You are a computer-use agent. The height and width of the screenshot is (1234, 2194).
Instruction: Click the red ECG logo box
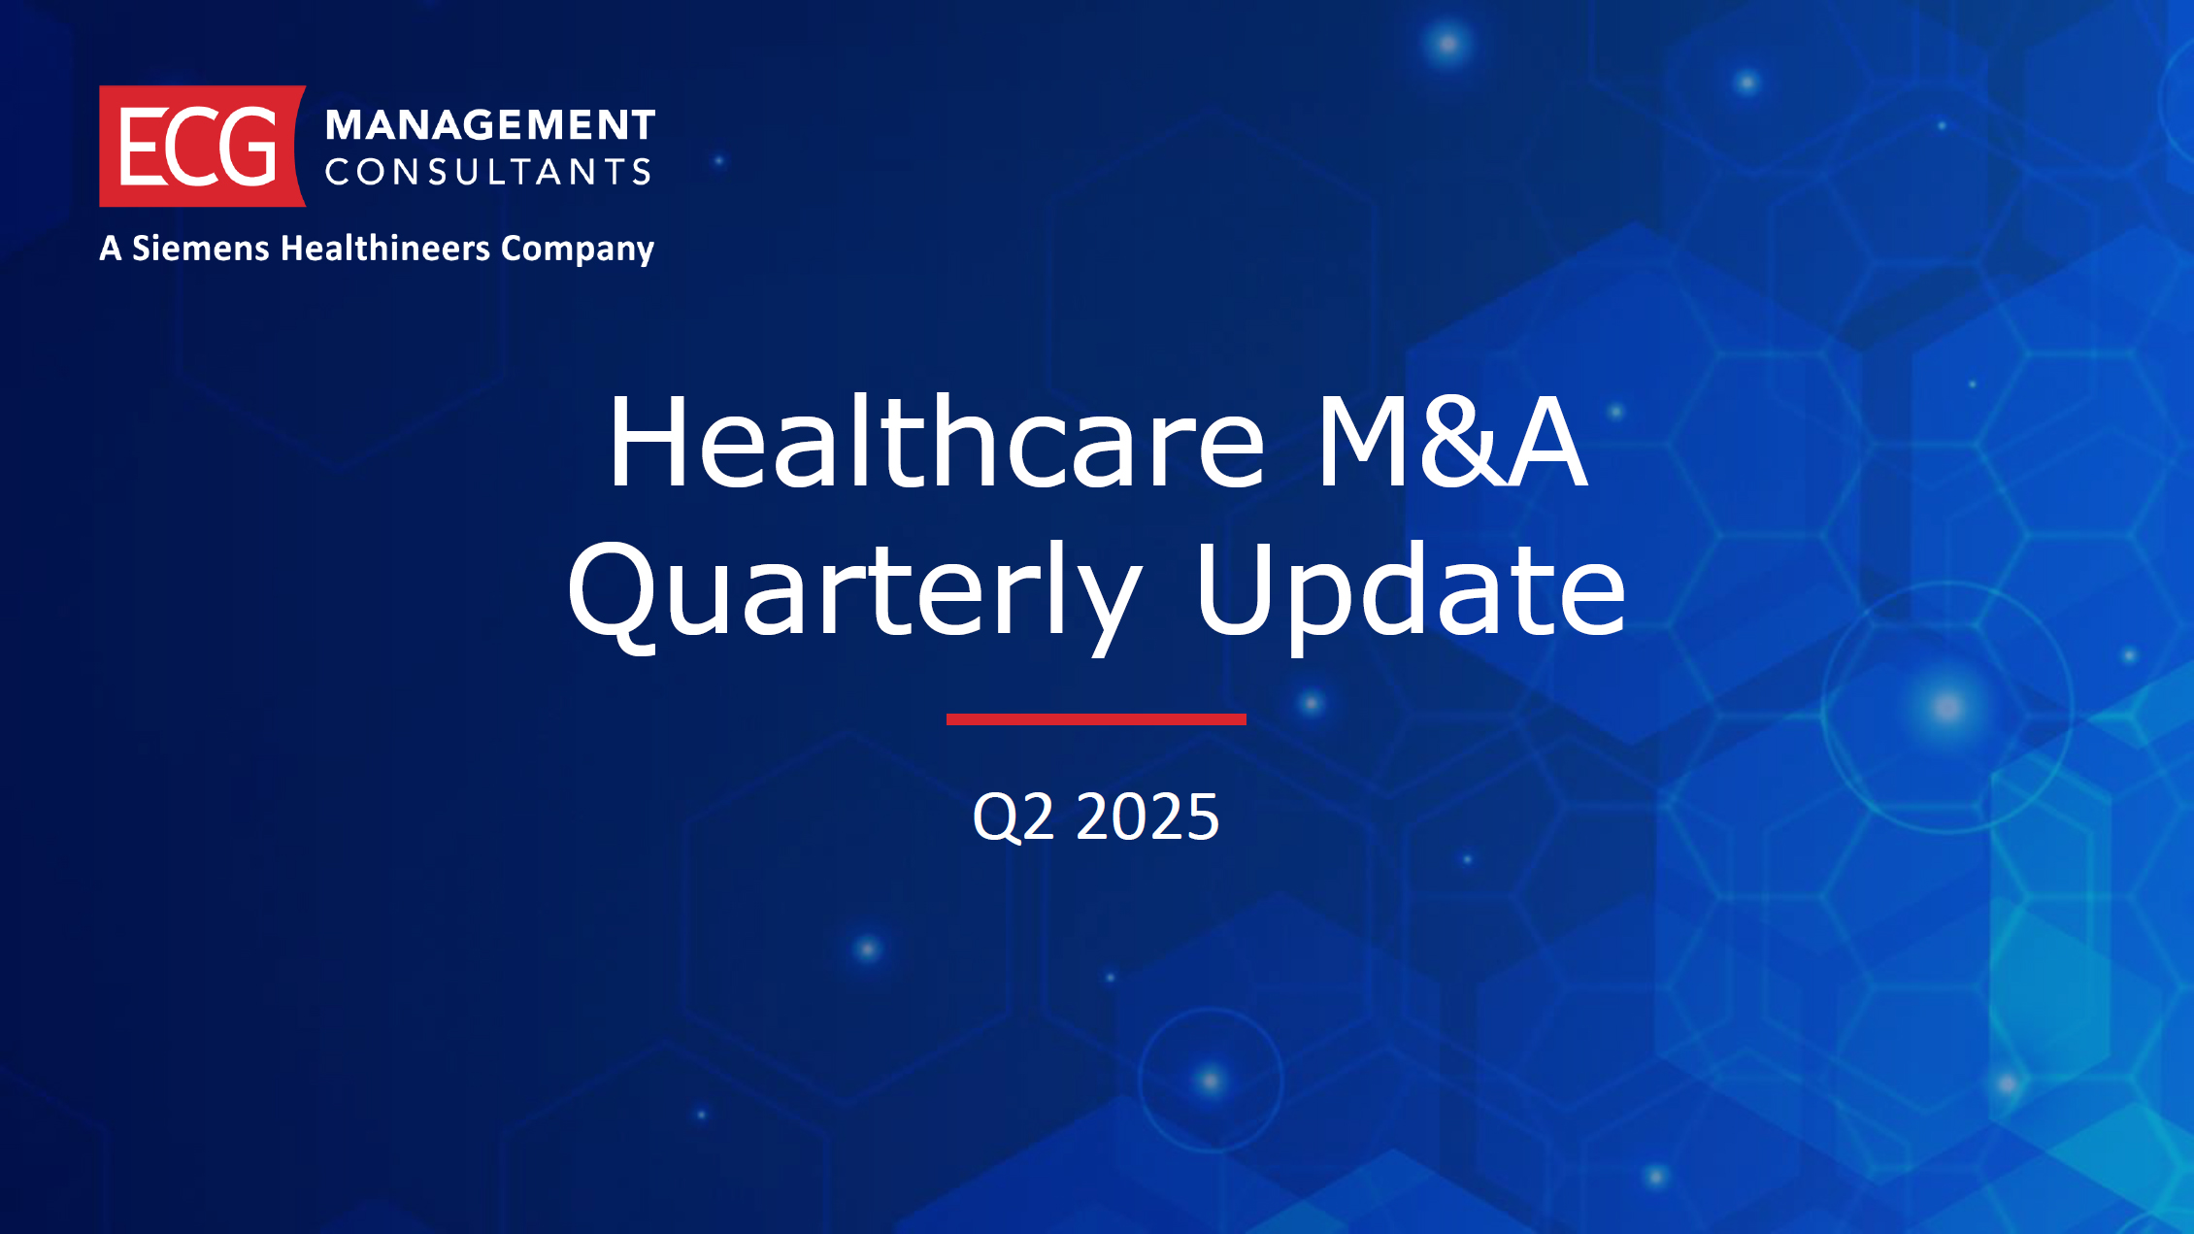(202, 146)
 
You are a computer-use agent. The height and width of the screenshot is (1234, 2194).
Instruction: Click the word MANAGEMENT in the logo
(490, 125)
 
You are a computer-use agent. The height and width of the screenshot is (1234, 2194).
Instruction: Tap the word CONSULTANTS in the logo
(487, 172)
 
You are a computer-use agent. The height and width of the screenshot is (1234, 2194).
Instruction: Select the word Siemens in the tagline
(201, 248)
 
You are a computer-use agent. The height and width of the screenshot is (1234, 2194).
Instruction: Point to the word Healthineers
(385, 248)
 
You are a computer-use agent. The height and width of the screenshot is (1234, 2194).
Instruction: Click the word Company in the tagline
(578, 250)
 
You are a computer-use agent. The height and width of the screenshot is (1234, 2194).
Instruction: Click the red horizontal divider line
(1096, 719)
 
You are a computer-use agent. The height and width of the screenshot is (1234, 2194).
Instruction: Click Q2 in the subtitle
(1013, 817)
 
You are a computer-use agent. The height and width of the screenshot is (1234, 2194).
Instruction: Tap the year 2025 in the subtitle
(1147, 816)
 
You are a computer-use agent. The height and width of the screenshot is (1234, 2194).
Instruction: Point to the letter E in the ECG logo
(142, 146)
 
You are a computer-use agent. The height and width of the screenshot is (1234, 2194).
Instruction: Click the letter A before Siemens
(111, 248)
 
